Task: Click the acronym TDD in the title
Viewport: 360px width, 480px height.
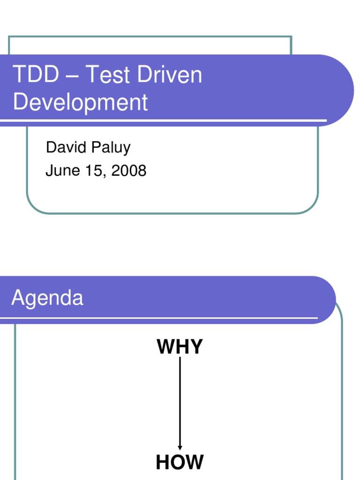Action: coord(36,74)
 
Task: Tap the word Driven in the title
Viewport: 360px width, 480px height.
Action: coord(169,74)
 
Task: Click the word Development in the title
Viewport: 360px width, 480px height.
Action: coord(81,102)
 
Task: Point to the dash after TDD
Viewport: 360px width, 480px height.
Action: coord(72,76)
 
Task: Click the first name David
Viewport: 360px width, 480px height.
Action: coord(66,147)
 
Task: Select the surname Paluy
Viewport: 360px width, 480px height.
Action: coord(111,148)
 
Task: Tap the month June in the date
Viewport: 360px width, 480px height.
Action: coord(62,171)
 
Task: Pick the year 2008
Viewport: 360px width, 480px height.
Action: coord(129,171)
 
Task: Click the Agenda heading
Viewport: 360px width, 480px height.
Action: coord(47,298)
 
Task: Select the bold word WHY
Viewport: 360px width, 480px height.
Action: coord(180,346)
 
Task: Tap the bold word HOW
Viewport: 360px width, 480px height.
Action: coord(180,462)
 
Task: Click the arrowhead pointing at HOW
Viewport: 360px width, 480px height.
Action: coord(180,448)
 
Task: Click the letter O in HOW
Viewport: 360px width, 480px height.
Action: coord(179,462)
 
